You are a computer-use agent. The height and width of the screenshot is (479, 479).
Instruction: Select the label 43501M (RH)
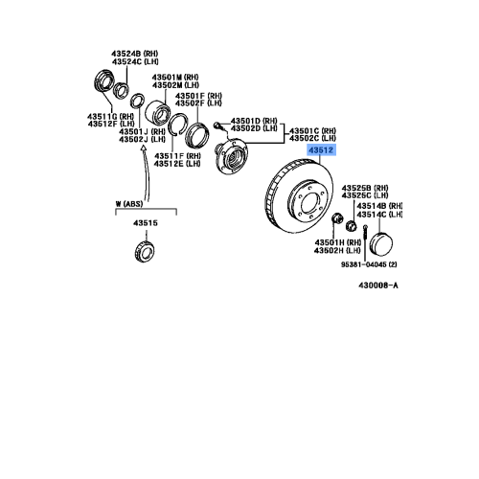pyautogui.click(x=178, y=77)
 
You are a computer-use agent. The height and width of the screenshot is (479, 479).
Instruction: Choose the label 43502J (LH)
pyautogui.click(x=141, y=140)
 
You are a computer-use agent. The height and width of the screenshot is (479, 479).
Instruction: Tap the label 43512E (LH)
pyautogui.click(x=181, y=163)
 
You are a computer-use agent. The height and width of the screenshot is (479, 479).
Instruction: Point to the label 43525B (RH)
pyautogui.click(x=368, y=189)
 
